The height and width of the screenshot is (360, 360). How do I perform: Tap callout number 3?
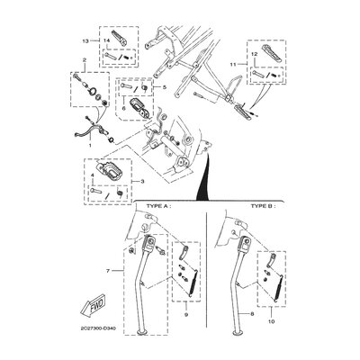(143, 181)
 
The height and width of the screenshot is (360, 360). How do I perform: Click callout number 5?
(165, 86)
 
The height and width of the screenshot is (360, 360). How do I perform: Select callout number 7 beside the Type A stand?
(109, 269)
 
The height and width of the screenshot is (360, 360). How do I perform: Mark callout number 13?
(85, 41)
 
